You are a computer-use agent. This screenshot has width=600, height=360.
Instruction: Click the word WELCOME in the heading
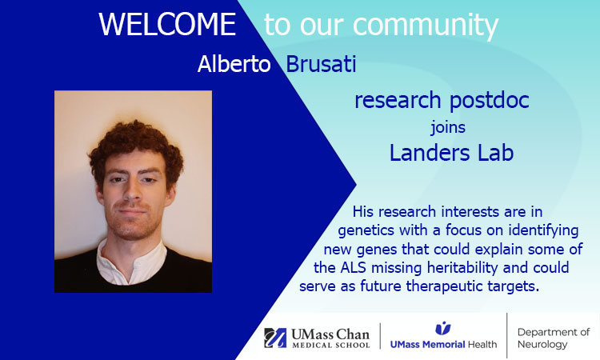tap(167, 25)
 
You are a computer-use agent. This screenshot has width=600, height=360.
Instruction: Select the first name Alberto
tap(235, 65)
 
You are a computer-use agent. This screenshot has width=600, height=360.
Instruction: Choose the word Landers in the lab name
tap(428, 152)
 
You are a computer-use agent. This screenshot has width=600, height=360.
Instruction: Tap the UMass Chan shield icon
tap(275, 338)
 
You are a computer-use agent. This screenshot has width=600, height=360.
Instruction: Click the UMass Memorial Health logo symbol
tap(442, 328)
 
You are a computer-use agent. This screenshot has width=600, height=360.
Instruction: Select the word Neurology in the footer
tap(542, 345)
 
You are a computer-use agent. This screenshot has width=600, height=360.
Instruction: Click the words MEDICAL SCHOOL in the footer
tap(330, 346)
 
